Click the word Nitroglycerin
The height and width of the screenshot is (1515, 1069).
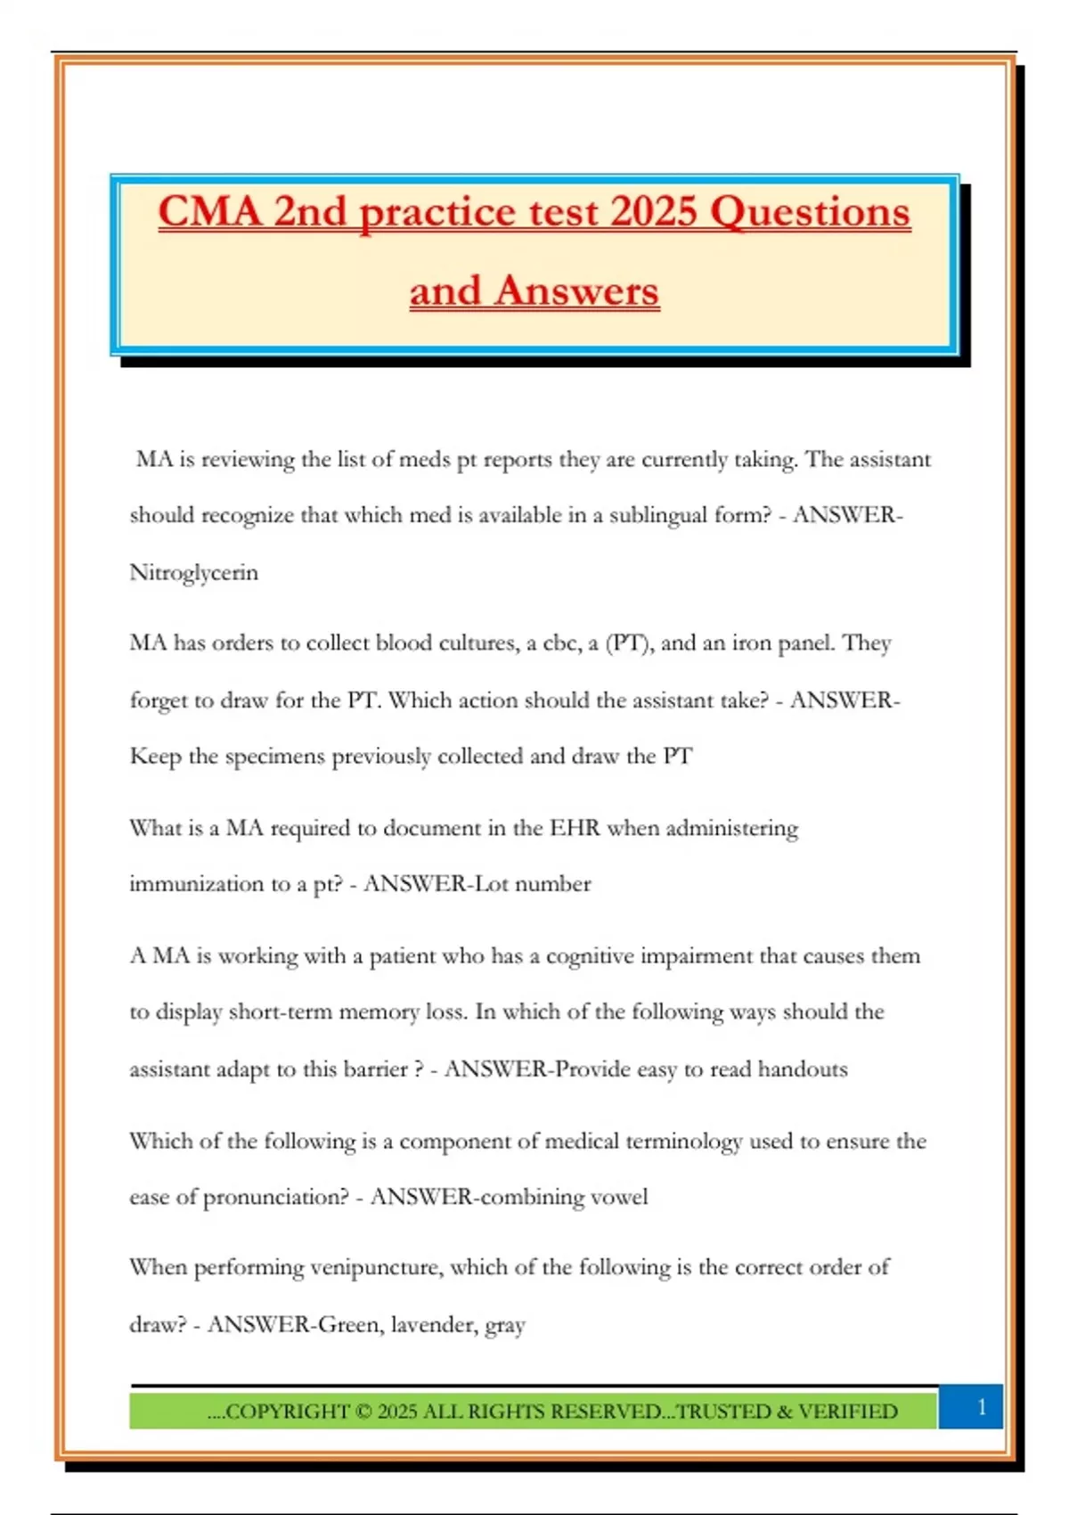193,572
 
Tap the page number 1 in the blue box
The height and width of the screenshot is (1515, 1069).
982,1407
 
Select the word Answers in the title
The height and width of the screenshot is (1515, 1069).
577,291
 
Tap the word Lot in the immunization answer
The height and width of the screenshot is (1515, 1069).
491,884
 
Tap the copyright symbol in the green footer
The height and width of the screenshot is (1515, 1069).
363,1412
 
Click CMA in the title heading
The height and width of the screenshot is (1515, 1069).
210,211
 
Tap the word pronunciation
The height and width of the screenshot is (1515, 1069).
276,1197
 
